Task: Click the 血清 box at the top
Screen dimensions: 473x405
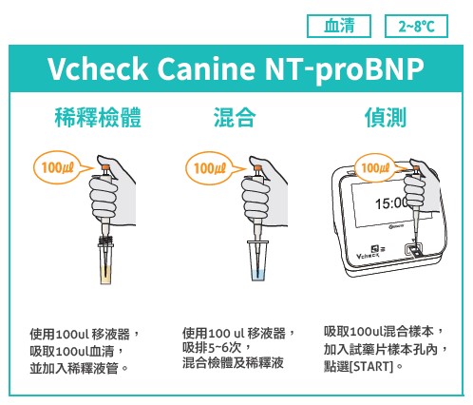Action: click(339, 26)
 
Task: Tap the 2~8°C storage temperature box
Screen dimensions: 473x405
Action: click(416, 26)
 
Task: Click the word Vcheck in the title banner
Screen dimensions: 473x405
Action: click(98, 68)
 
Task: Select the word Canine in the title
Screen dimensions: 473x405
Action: click(205, 68)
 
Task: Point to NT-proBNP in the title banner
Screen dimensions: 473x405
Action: click(344, 70)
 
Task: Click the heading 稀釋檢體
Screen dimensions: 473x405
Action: click(98, 117)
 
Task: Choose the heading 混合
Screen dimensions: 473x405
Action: click(235, 117)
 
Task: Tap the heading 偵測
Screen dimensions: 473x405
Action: click(386, 117)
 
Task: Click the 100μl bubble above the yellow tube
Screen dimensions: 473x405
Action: click(59, 167)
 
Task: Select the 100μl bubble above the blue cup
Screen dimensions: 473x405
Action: click(211, 168)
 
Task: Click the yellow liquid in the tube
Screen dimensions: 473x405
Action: click(105, 275)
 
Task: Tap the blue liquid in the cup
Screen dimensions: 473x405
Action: click(259, 275)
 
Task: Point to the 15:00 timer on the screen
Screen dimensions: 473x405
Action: click(390, 203)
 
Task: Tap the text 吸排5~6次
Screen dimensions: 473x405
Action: click(212, 348)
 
